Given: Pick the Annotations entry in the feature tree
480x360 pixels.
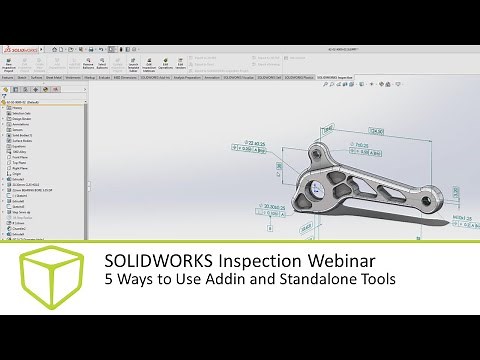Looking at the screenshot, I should [x=22, y=123].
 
